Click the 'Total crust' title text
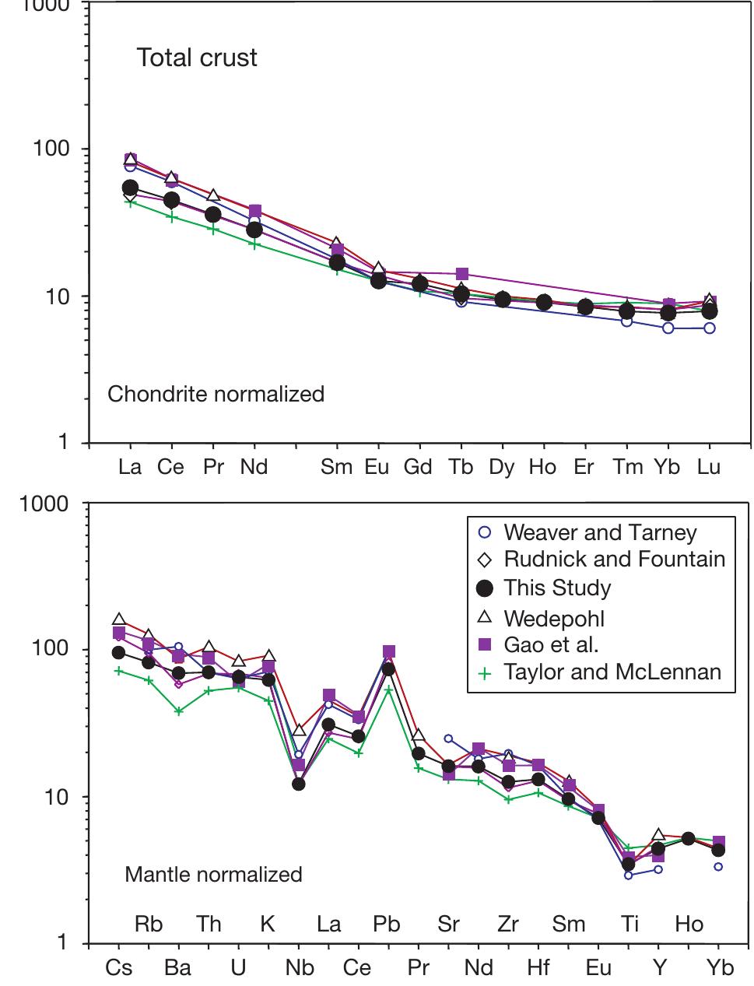coord(197,58)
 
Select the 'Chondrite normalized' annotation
coord(216,394)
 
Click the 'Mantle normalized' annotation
coord(213,874)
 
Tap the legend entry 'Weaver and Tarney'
coord(599,532)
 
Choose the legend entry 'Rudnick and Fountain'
coord(614,559)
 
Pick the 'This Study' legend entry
coord(556,588)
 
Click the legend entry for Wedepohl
coord(554,618)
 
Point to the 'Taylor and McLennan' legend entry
coord(612,672)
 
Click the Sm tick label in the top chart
coord(336,467)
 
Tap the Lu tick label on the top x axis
coord(709,467)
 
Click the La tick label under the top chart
coord(130,467)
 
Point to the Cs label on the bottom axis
coord(119,967)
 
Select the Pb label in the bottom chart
coord(387,924)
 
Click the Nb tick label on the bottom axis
coord(300,967)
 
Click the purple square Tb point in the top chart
coord(462,274)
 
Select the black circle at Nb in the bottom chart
coord(298,784)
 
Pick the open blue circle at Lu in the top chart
coord(709,328)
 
